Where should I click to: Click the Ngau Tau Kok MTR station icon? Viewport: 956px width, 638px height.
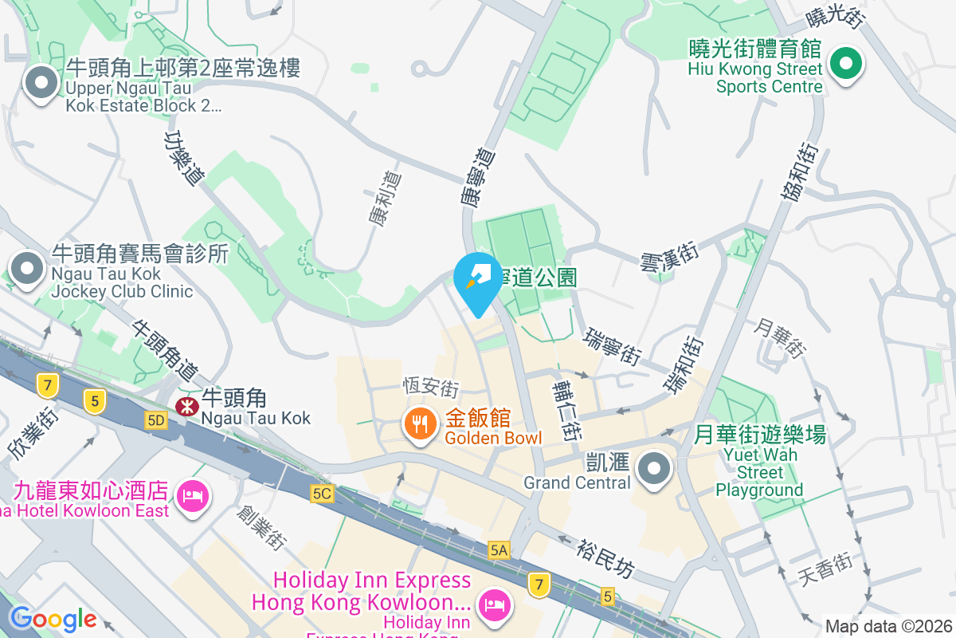[188, 406]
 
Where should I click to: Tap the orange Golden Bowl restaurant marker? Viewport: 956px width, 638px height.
[420, 423]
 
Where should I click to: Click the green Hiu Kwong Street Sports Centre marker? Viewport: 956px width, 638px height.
[845, 64]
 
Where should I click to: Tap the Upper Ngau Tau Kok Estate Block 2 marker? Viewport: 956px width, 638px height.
[41, 82]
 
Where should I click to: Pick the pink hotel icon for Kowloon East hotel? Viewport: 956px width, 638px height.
[191, 497]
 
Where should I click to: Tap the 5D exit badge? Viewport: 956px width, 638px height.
[155, 420]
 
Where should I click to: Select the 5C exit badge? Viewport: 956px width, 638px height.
[322, 494]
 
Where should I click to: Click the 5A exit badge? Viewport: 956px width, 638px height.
[499, 549]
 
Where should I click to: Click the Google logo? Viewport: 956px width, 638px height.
[53, 619]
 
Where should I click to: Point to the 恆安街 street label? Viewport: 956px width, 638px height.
[430, 388]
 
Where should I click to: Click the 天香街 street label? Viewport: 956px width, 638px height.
[825, 569]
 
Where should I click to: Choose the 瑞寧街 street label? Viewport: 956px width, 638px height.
[613, 346]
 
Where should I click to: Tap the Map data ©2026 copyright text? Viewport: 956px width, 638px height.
[888, 626]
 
